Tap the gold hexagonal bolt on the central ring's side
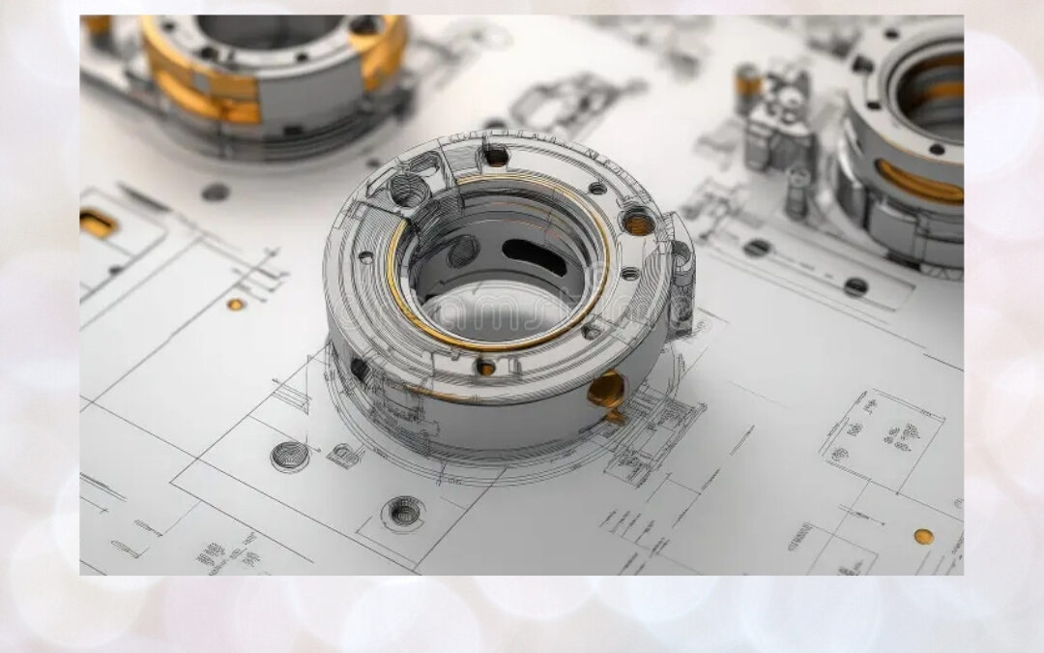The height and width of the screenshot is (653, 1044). point(606,391)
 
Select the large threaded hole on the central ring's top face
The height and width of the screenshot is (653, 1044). point(411,193)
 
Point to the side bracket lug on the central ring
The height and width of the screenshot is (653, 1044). point(681,276)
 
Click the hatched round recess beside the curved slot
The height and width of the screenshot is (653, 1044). point(463,251)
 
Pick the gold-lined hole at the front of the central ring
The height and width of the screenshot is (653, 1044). point(485,367)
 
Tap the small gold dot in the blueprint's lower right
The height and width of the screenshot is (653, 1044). point(923,536)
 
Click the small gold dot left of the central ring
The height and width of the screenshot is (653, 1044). point(235,304)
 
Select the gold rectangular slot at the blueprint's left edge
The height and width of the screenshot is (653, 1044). point(97,223)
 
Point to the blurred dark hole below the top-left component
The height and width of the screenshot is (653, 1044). point(215,192)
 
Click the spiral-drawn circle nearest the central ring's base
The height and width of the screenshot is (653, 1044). point(290,456)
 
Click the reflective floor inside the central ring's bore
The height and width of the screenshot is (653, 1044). point(493,310)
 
